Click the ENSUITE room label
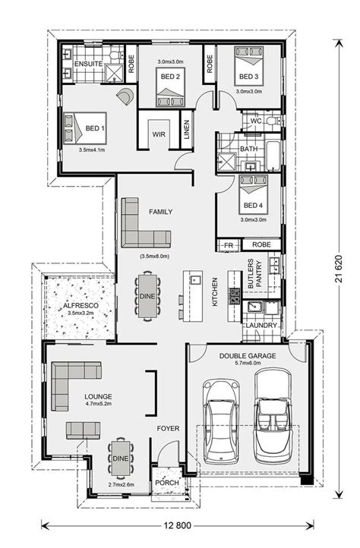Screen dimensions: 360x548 (x=89, y=64)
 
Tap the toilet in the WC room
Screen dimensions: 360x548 (x=273, y=121)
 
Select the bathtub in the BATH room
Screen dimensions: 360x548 (x=273, y=156)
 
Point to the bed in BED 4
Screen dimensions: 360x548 (x=254, y=194)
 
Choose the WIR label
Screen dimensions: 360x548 (x=159, y=134)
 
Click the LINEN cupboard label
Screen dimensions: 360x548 (x=187, y=130)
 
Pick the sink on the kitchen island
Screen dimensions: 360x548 (x=195, y=279)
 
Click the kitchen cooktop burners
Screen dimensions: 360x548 (x=234, y=296)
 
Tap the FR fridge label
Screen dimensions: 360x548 (x=229, y=246)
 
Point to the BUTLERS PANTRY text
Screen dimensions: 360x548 (x=254, y=274)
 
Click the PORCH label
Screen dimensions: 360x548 (x=167, y=483)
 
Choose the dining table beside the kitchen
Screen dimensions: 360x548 (x=147, y=296)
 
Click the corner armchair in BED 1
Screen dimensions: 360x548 (x=125, y=95)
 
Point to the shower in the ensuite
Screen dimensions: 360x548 (x=115, y=73)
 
